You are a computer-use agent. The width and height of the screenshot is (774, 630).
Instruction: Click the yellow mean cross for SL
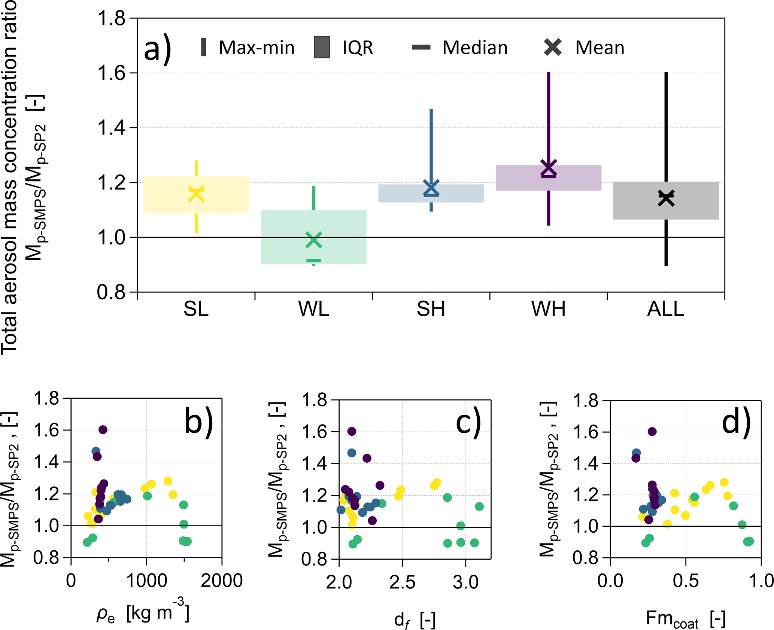[196, 194]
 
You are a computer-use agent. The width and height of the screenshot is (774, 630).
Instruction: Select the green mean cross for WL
[314, 240]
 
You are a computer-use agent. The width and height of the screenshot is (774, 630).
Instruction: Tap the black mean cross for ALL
[666, 198]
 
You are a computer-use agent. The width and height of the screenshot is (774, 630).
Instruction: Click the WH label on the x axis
[549, 309]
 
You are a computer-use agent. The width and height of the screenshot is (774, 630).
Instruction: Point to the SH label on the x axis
[431, 309]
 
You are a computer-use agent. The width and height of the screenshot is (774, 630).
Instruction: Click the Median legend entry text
[475, 48]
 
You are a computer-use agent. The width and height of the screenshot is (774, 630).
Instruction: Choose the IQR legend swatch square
[322, 47]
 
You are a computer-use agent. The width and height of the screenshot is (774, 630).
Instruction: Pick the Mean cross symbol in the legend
[553, 47]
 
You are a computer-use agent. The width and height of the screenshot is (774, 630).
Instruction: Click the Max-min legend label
[257, 48]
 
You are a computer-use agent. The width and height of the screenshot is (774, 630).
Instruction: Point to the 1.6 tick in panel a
[111, 73]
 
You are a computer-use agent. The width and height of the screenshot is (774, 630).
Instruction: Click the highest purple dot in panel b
[103, 430]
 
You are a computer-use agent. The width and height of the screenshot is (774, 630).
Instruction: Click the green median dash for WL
[314, 261]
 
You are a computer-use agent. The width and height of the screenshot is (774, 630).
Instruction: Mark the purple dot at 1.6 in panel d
[652, 432]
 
